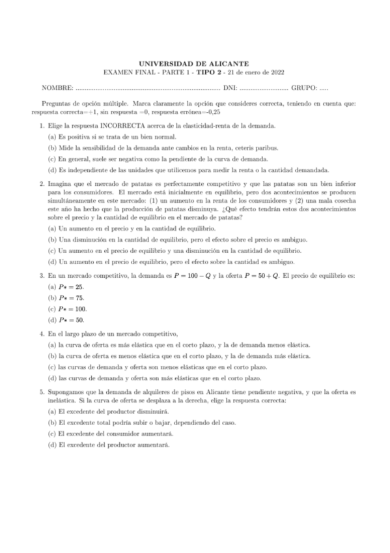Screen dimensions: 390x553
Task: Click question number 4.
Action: (x=42, y=334)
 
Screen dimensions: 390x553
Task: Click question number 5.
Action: (x=42, y=394)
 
